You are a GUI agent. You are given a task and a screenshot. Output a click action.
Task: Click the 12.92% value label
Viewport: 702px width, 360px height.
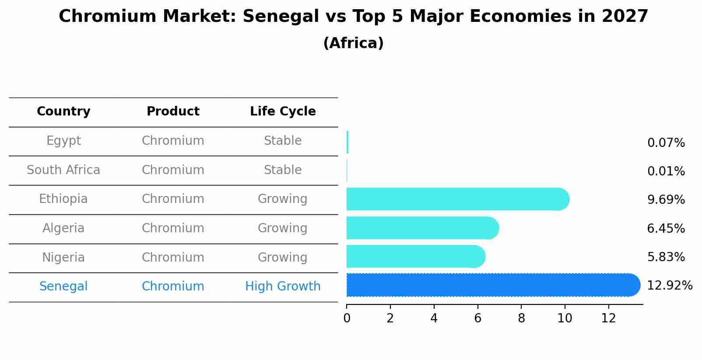669,286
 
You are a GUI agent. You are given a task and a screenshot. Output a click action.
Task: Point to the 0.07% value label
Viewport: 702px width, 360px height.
666,143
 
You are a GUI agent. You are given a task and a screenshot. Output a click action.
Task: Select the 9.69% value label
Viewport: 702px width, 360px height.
666,200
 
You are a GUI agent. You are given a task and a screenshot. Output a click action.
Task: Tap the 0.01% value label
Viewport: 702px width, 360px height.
666,171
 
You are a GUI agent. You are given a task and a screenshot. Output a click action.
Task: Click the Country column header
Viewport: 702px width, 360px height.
63,112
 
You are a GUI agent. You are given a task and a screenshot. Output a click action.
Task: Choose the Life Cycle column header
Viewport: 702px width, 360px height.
283,112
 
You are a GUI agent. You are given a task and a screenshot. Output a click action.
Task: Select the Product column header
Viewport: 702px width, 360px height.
173,112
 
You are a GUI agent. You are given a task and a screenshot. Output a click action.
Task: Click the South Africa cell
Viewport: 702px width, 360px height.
63,170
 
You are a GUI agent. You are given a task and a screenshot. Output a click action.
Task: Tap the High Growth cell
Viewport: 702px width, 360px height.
283,287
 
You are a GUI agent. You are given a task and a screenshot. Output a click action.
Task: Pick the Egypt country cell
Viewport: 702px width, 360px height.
63,141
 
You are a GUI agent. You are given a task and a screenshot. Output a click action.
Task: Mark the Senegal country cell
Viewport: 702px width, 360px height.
63,287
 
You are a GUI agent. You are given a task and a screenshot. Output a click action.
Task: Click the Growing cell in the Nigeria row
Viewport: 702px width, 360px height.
282,258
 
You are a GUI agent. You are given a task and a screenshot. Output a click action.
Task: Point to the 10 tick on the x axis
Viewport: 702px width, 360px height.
565,318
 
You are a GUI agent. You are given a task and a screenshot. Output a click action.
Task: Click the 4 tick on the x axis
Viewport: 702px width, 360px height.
434,318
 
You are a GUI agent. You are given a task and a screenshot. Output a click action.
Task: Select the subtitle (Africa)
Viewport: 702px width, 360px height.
353,43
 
